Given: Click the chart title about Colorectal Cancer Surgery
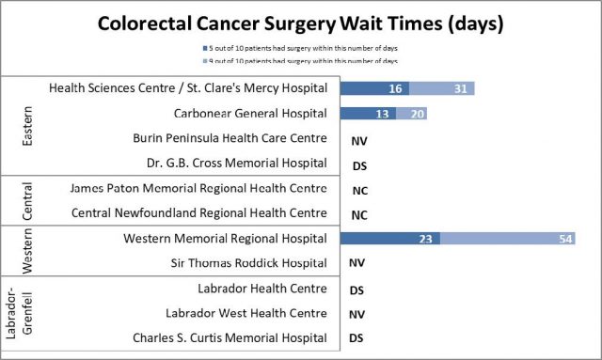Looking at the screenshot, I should coord(301,22).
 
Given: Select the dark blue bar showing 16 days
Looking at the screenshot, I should coord(372,88).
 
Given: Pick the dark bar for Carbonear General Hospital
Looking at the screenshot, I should coord(368,114).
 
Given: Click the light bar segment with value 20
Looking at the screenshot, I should coord(412,114).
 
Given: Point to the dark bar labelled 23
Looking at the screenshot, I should coord(389,239).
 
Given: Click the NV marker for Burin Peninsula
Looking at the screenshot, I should coord(357,139).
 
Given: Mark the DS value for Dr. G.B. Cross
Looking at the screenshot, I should coord(357,164).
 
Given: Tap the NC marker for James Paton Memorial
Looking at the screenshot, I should coord(357,189).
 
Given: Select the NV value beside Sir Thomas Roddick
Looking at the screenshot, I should coord(357,264).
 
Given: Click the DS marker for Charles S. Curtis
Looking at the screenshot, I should coord(357,338).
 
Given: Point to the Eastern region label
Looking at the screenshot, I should coord(26,126).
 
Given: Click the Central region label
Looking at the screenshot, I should coord(26,201).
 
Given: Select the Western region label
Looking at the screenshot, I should coord(26,251).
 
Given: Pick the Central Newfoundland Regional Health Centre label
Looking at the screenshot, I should coord(199,213).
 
